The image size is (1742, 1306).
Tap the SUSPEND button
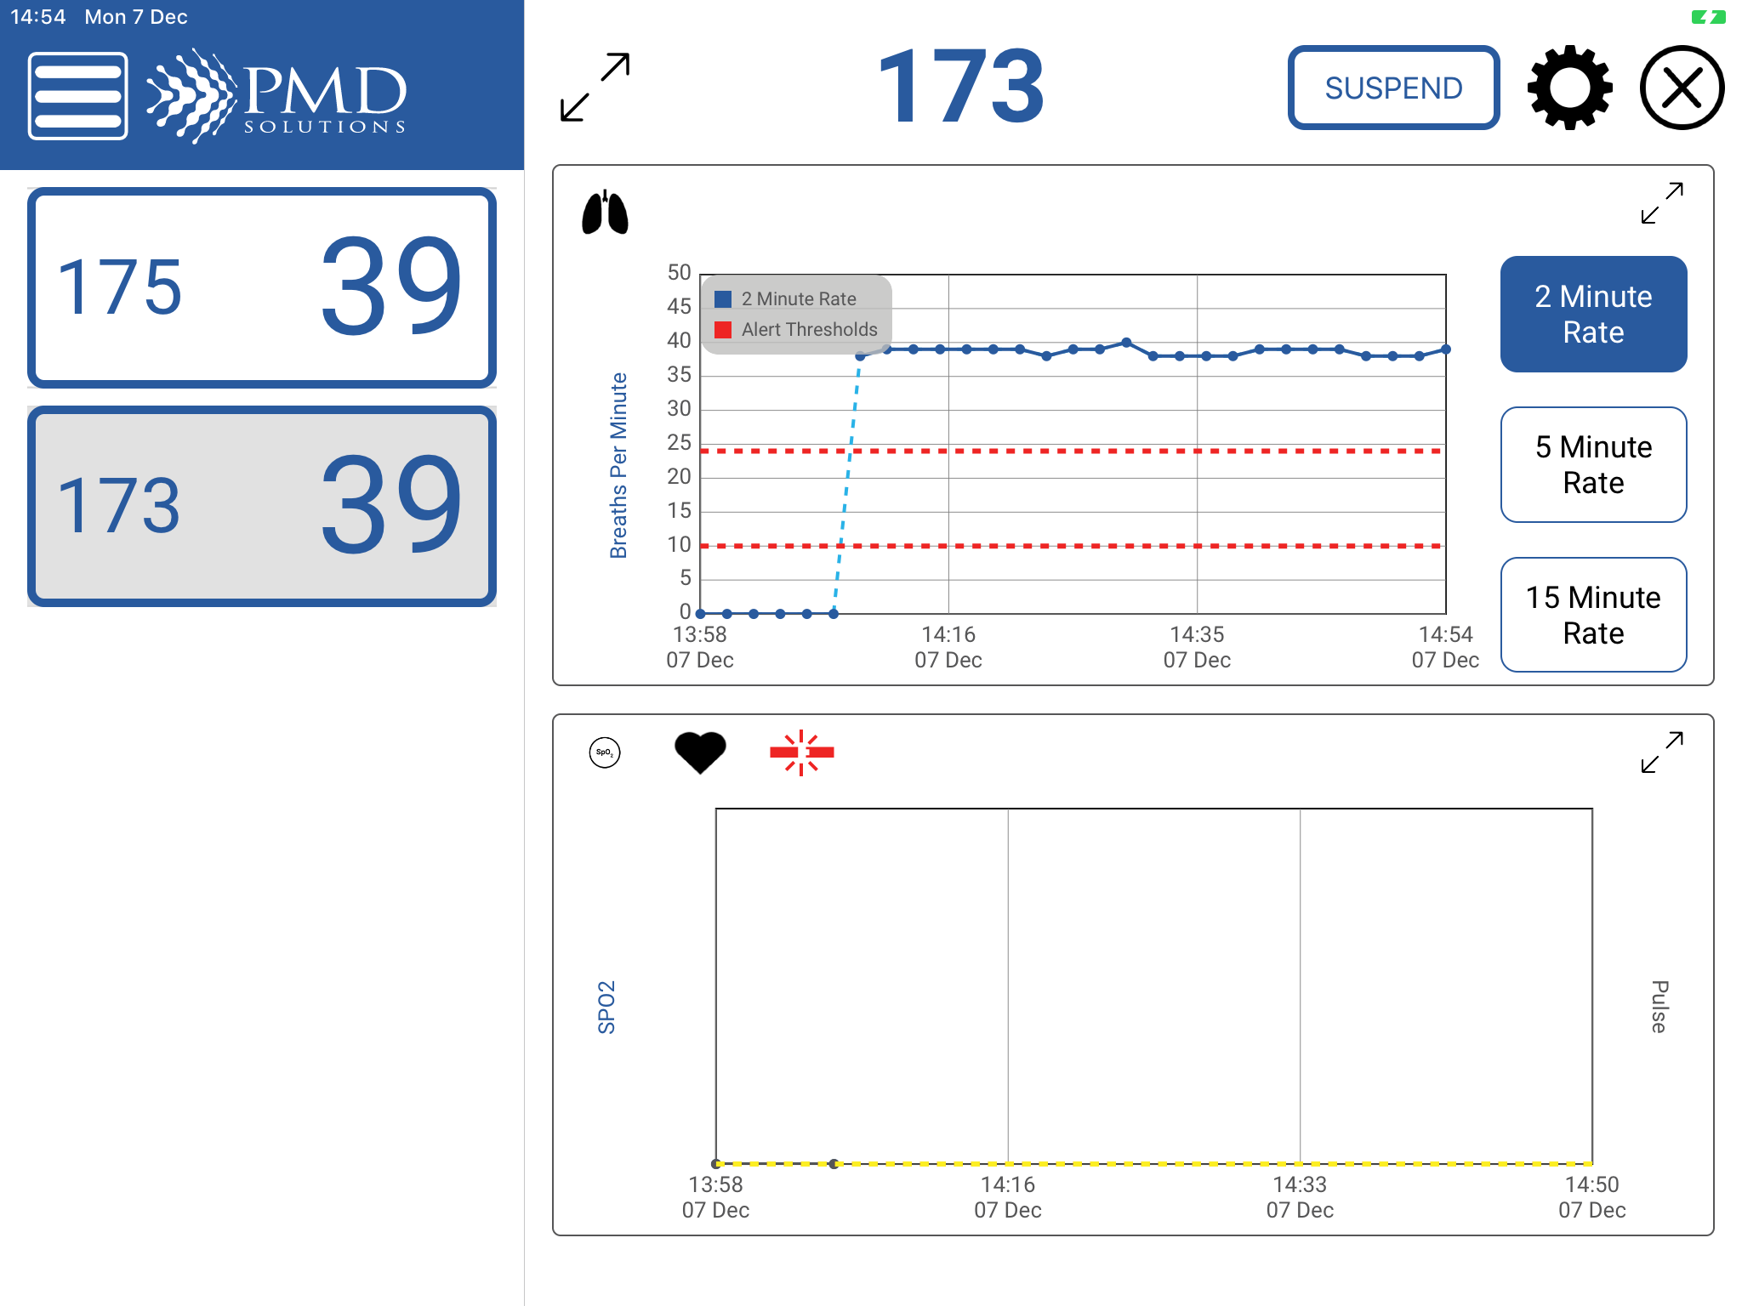pos(1393,88)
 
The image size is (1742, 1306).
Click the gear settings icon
pos(1569,88)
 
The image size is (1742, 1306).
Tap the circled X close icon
pos(1682,88)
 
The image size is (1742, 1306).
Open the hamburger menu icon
pos(78,95)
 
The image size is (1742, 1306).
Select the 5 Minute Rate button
pos(1593,464)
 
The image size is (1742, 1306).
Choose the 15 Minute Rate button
pos(1593,615)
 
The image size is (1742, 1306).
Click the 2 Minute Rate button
pos(1593,314)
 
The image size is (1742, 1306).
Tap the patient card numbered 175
pos(262,287)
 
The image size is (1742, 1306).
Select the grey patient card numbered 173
pos(262,506)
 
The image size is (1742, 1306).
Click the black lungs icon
pos(605,213)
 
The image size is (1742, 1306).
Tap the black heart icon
pos(700,752)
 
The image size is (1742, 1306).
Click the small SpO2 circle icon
pos(605,752)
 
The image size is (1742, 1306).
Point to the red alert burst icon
pos(801,752)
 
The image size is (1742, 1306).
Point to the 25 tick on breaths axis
pos(679,442)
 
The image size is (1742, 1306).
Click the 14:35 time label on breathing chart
pos(1197,646)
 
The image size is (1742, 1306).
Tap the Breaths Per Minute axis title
pos(618,465)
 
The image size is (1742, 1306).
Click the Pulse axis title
pos(1659,1007)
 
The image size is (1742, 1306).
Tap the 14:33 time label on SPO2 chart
pos(1300,1196)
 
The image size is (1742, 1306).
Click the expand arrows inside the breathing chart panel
pos(1662,203)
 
